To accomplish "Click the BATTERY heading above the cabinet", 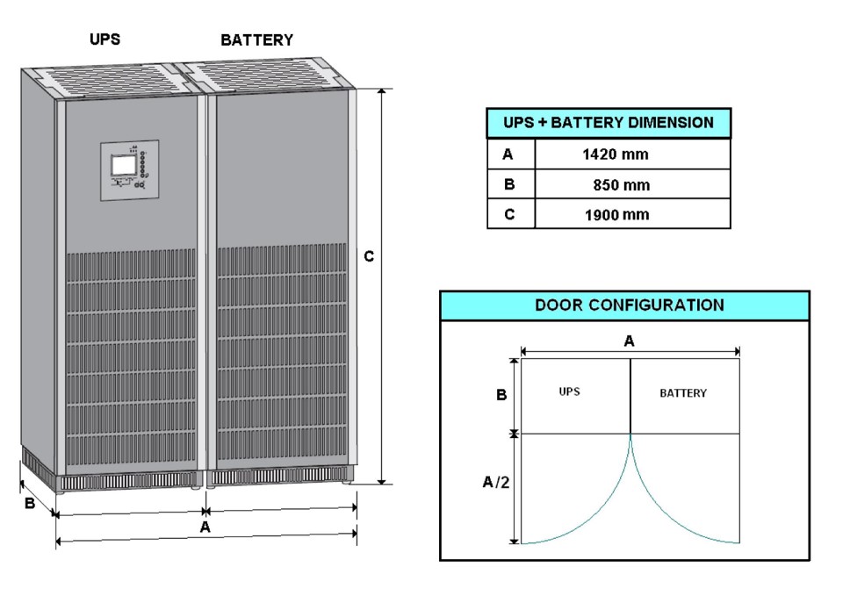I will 256,39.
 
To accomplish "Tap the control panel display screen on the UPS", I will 124,163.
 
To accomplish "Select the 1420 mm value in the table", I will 615,154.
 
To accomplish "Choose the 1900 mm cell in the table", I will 617,214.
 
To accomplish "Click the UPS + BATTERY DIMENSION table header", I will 609,123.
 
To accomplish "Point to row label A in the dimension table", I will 508,154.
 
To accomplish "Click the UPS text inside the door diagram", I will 569,391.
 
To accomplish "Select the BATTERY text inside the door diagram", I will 682,393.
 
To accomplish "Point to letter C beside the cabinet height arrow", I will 369,256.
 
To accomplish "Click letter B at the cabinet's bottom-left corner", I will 29,505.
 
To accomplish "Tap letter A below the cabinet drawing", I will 205,527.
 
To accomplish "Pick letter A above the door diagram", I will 629,341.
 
